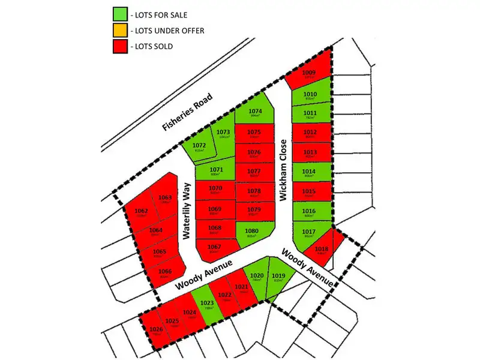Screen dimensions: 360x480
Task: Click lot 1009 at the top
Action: [x=309, y=74]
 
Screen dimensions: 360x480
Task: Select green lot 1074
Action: [x=255, y=113]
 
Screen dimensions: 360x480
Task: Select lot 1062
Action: [x=142, y=212]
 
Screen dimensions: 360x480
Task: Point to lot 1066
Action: [x=165, y=273]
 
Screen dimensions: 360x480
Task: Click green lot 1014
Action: [x=310, y=172]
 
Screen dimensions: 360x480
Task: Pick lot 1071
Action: [x=216, y=172]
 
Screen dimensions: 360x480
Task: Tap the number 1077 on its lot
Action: [x=253, y=172]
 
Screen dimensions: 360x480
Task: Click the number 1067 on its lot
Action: [x=215, y=247]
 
